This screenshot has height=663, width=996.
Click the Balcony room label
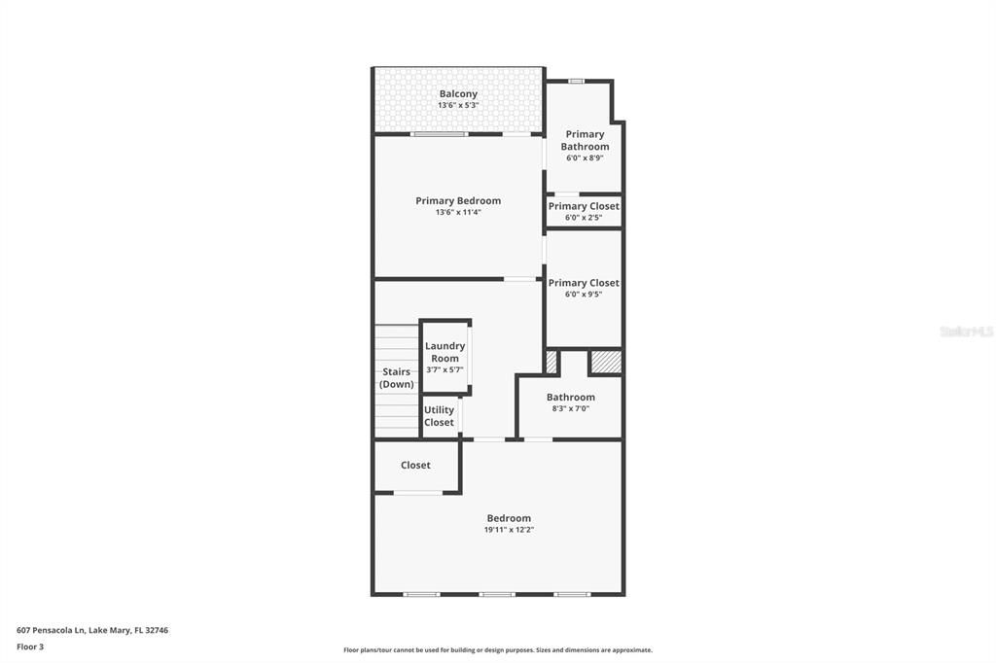tap(458, 94)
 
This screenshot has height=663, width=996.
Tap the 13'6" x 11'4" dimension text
tap(458, 212)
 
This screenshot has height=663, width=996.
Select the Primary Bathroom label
tap(585, 140)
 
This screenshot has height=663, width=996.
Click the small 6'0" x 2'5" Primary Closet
tap(584, 211)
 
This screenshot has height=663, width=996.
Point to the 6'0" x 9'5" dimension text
tap(584, 295)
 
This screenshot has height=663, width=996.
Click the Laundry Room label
tap(445, 352)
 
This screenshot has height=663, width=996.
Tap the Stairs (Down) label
tap(397, 378)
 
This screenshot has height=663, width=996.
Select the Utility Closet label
tap(439, 416)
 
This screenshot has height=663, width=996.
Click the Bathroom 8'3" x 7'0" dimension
tap(571, 409)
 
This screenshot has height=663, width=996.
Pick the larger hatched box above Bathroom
tap(606, 362)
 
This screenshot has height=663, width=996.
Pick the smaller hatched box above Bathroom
tap(551, 362)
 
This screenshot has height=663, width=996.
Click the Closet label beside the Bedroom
tap(415, 465)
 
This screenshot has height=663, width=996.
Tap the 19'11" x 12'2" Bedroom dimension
tap(509, 530)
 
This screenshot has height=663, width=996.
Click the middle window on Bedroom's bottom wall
tap(497, 594)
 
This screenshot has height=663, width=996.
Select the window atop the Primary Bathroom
tap(576, 81)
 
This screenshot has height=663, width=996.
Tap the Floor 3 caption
tap(30, 646)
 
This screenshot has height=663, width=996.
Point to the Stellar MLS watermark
tap(966, 331)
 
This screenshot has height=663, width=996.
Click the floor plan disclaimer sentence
tap(497, 650)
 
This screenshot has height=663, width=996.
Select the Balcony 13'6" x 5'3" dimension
tap(458, 105)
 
